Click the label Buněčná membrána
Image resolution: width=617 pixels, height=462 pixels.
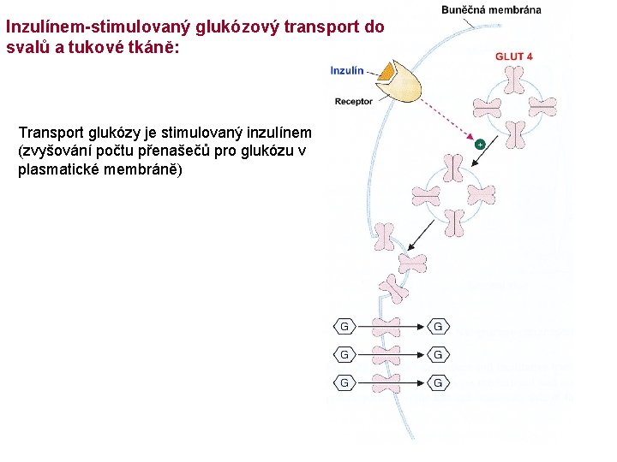[491, 10]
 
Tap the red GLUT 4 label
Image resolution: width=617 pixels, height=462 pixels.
[514, 56]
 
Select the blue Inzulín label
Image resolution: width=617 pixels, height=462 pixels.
[347, 71]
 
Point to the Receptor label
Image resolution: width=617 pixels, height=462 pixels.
[354, 101]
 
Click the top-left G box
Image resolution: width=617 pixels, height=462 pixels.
[344, 326]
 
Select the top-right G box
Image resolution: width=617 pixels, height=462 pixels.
[438, 326]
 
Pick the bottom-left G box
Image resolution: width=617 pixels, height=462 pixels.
[344, 382]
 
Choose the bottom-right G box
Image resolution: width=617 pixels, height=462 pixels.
[438, 382]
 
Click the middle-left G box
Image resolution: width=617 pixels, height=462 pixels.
[344, 354]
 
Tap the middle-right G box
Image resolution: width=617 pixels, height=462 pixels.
[438, 354]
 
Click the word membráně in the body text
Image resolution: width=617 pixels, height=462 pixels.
[147, 169]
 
